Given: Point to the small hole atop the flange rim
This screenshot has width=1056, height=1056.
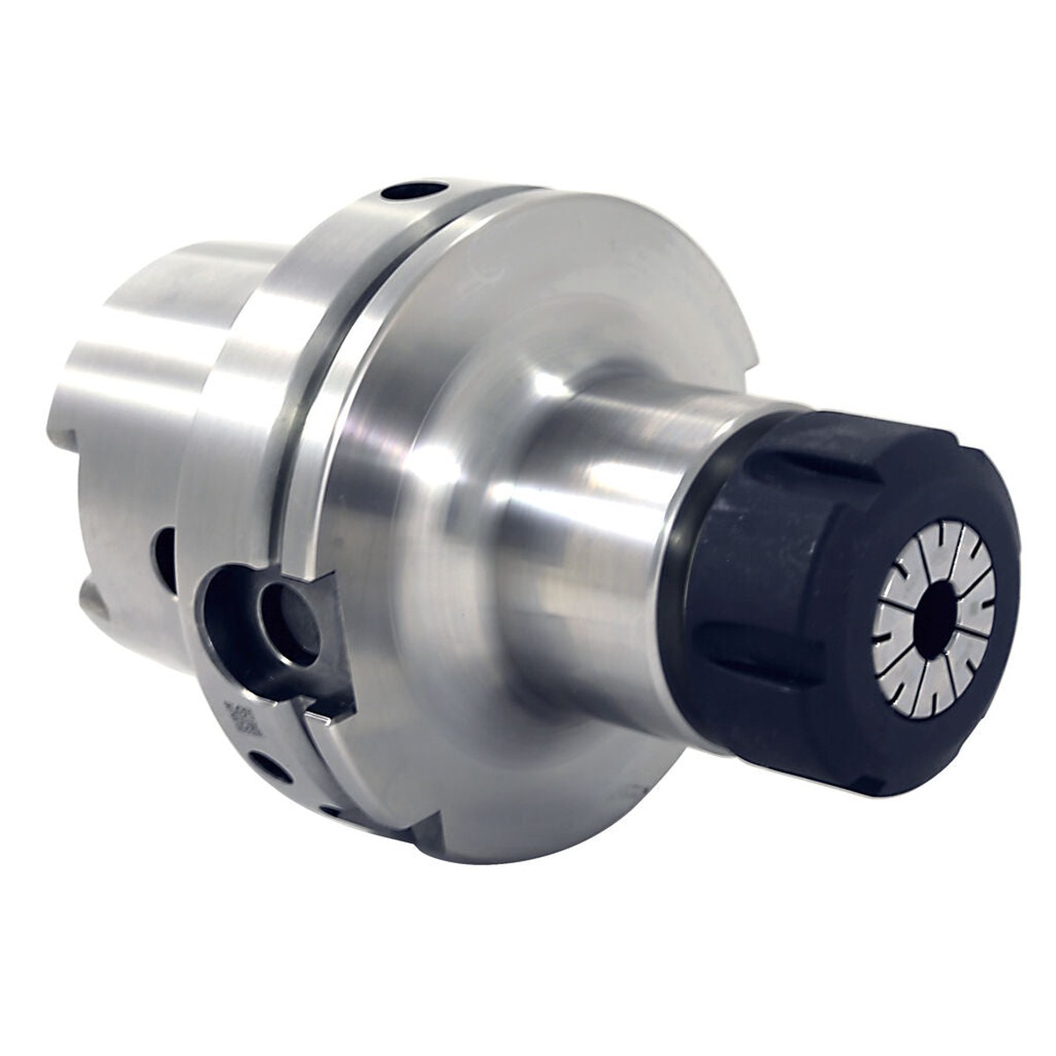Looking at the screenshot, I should (x=411, y=191).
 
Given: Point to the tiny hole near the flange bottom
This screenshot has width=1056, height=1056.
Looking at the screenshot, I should (x=330, y=810).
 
